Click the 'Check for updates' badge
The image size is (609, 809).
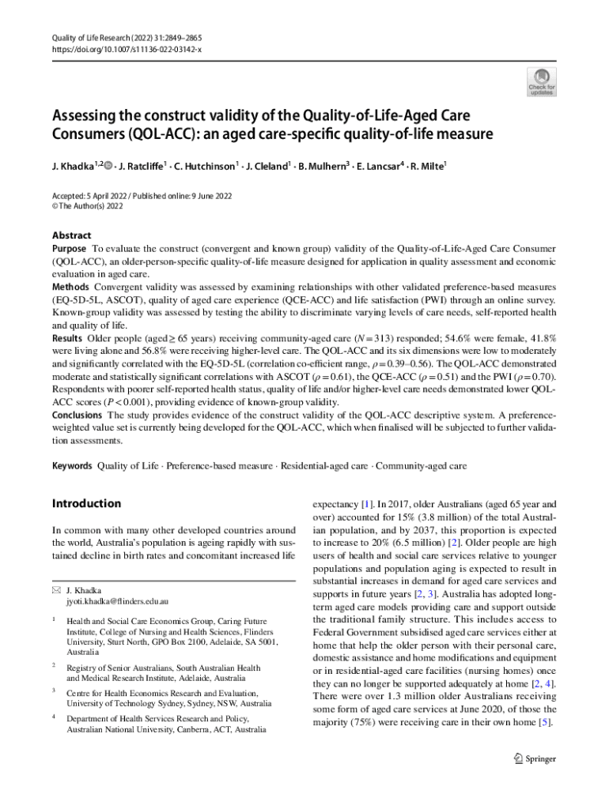[542, 81]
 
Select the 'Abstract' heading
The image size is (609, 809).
[71, 235]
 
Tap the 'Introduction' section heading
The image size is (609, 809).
[86, 503]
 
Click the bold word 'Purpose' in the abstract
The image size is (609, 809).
[70, 248]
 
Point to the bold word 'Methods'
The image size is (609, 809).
[70, 286]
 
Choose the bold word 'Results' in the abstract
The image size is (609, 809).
[68, 338]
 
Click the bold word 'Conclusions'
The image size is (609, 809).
[78, 415]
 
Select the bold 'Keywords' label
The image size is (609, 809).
[72, 466]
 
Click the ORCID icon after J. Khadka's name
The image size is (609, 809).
[107, 167]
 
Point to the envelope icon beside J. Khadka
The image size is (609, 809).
[55, 590]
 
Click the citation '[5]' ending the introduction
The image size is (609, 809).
[545, 723]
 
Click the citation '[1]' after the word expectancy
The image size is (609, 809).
[367, 503]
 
